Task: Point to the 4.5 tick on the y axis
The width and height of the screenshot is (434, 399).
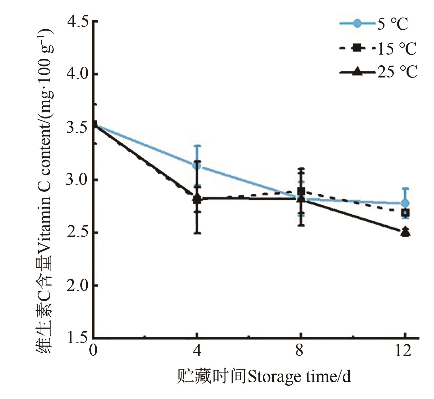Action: tap(77, 21)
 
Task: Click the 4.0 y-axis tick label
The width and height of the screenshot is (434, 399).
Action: tap(77, 74)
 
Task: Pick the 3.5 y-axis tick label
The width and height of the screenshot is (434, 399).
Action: tap(77, 127)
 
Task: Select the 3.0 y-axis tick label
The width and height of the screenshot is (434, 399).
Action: tap(77, 180)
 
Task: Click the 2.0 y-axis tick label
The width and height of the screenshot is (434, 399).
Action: tap(77, 286)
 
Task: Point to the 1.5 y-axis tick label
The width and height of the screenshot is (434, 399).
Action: tap(77, 338)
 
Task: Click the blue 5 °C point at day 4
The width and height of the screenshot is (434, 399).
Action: tap(197, 165)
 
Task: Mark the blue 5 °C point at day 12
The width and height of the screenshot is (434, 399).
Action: tap(405, 203)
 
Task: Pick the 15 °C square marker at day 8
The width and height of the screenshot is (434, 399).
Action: tap(301, 192)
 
